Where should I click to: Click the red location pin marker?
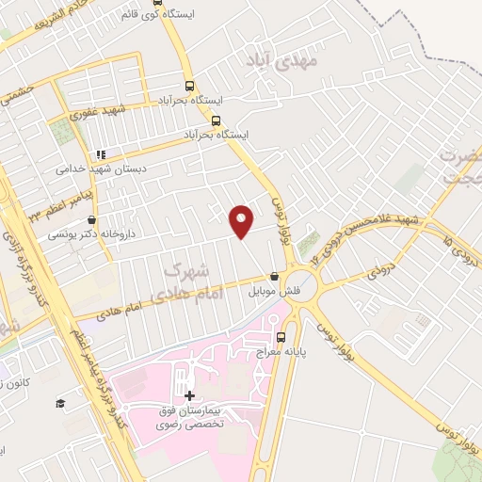tap(243, 219)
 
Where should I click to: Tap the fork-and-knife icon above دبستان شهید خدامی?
tap(98, 154)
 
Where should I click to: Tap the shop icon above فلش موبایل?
tap(274, 277)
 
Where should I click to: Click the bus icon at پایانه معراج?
tap(280, 337)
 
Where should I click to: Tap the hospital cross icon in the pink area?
tap(190, 396)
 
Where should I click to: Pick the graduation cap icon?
tap(60, 403)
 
